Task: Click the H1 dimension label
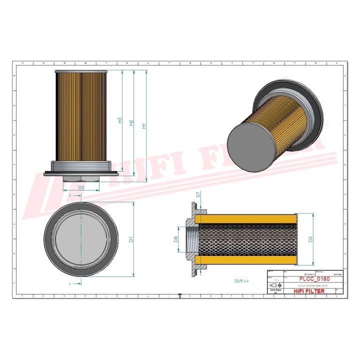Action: pos(144,126)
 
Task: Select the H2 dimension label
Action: pos(131,122)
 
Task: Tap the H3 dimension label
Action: pos(119,120)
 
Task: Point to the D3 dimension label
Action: pos(81,187)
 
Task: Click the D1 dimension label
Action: pos(131,239)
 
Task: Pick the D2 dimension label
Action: pos(310,239)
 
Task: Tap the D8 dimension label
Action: pos(176,239)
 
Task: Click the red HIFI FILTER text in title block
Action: pos(308,291)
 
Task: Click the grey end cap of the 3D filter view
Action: pos(252,143)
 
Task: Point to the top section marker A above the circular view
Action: pos(70,194)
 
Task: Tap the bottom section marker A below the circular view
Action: pos(70,283)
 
